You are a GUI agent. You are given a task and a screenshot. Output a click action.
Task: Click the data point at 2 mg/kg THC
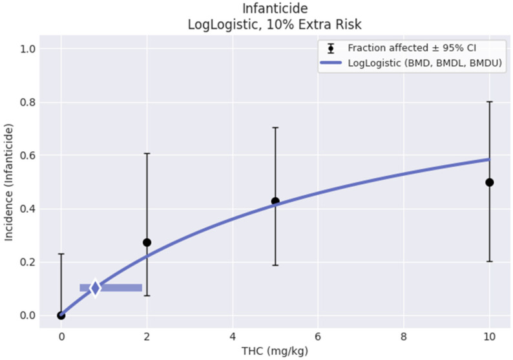147,242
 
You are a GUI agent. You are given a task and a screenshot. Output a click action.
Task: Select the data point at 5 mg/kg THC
275,201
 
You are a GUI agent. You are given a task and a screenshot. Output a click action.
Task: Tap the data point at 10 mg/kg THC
489,182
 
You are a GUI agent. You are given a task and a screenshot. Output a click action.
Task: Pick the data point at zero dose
61,315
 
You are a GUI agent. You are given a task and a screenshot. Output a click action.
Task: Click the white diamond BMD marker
95,288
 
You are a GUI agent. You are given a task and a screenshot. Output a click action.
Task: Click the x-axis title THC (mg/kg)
275,352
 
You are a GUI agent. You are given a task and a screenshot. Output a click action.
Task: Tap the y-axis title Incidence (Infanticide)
10,182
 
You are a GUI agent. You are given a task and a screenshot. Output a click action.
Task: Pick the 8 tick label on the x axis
404,336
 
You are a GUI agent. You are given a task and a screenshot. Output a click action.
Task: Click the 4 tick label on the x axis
233,336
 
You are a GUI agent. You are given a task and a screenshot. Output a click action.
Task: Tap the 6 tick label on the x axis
318,336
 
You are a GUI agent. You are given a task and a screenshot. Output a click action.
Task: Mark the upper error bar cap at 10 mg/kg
489,101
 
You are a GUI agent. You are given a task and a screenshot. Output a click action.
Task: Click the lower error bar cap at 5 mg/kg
275,265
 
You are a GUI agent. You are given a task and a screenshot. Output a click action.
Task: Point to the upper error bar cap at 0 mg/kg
61,254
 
